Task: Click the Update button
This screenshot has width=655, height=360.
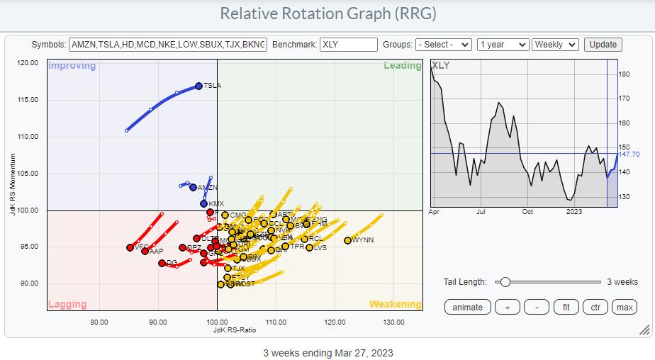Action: [x=603, y=45]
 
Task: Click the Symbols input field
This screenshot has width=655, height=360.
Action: [x=169, y=45]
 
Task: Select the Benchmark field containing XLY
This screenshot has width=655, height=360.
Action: [x=349, y=45]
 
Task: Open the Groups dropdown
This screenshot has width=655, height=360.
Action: [x=444, y=45]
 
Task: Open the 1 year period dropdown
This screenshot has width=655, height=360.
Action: [x=503, y=45]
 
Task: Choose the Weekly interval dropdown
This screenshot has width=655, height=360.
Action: [x=555, y=45]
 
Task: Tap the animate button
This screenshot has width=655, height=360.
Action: [x=468, y=307]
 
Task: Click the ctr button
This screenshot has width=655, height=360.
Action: [x=594, y=307]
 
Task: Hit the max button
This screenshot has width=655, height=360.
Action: [x=624, y=307]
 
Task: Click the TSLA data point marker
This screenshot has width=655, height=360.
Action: [x=198, y=86]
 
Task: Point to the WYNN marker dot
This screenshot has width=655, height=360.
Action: [x=348, y=240]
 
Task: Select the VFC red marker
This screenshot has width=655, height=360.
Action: [x=130, y=248]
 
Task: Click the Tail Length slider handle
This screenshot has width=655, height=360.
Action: [x=505, y=281]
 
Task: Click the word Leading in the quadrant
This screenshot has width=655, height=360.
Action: [x=402, y=66]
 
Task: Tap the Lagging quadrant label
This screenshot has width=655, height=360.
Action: [x=67, y=305]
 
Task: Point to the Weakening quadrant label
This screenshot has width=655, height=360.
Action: [x=395, y=305]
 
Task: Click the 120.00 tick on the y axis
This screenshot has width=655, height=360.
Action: [x=29, y=62]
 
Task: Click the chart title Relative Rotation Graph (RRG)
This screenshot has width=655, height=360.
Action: [x=328, y=13]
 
